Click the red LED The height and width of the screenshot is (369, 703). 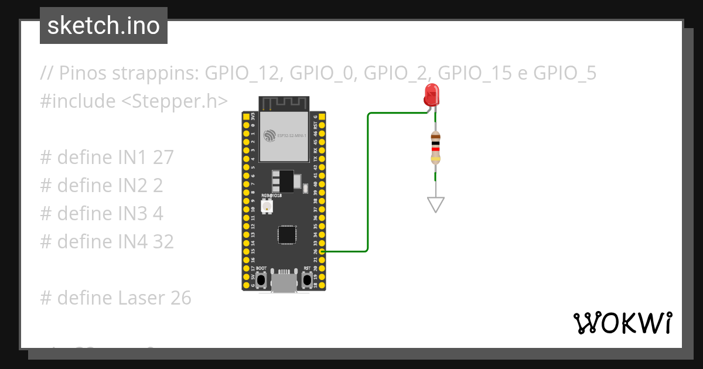coord(432,94)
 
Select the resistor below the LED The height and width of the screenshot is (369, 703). coord(435,147)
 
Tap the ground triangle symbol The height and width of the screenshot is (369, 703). coord(436,204)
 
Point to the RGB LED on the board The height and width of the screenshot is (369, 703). coord(267,206)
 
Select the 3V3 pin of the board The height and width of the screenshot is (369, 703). coord(246,117)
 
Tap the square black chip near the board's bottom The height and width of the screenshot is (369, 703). coord(286,234)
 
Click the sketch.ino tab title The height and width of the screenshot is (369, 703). coord(104,26)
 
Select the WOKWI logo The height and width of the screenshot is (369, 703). coord(622,322)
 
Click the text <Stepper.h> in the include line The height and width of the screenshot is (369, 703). coord(175,101)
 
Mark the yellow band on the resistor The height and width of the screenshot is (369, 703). coord(435,159)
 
